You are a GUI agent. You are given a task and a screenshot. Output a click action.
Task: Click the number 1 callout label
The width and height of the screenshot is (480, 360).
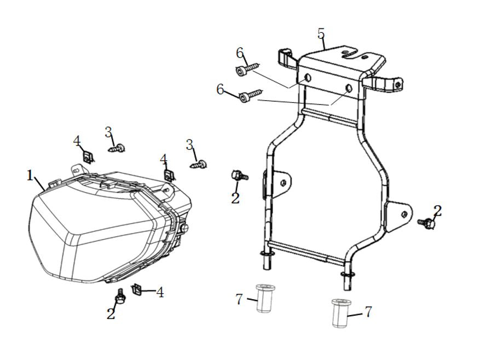click(x=30, y=176)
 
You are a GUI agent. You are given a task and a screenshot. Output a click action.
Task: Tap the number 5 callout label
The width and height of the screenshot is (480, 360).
click(x=321, y=34)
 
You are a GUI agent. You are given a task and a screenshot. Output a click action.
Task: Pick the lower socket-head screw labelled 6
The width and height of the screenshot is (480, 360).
click(x=251, y=95)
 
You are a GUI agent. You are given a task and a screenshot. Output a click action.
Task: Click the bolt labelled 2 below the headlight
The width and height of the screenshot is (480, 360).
click(x=119, y=297)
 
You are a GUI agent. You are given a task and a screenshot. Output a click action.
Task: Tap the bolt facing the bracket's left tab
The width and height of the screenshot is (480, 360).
click(x=240, y=176)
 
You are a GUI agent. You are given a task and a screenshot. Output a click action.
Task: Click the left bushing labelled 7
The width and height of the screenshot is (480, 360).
click(x=265, y=298)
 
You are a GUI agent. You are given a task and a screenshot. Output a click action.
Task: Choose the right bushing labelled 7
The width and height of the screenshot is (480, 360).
click(x=342, y=312)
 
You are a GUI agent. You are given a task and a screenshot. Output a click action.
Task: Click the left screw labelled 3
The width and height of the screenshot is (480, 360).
click(x=117, y=149)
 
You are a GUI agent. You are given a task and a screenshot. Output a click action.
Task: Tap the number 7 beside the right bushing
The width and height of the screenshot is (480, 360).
click(x=368, y=312)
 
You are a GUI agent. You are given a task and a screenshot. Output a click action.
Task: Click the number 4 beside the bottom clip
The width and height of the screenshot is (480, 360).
click(x=160, y=292)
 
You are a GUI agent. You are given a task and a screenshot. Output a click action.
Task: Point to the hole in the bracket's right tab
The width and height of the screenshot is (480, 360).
click(x=404, y=214)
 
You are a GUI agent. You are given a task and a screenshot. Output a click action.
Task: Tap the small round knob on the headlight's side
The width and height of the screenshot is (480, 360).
click(x=184, y=228)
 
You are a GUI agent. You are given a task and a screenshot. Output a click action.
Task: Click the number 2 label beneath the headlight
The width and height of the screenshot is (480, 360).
click(x=111, y=313)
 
